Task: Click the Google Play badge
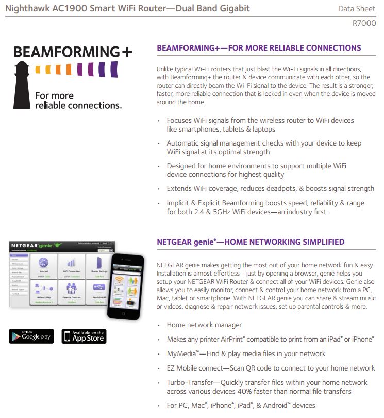pyautogui.click(x=31, y=336)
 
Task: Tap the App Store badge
pyautogui.click(x=84, y=336)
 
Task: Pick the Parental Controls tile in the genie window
pyautogui.click(x=71, y=292)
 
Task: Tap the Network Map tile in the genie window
pyautogui.click(x=44, y=292)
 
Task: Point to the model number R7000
pyautogui.click(x=364, y=23)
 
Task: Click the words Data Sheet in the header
pyautogui.click(x=357, y=9)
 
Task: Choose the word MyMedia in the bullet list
pyautogui.click(x=180, y=354)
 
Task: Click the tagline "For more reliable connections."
pyautogui.click(x=78, y=101)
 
